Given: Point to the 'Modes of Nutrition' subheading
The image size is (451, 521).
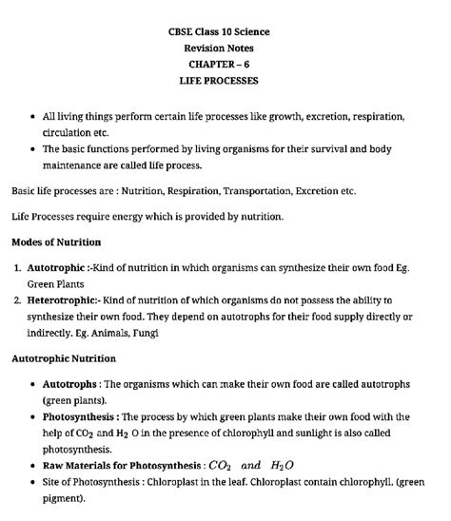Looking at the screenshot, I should pos(56,242).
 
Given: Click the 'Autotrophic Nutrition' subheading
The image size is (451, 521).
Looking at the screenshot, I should pos(64,358).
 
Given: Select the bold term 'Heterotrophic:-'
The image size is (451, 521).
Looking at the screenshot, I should pos(66,300).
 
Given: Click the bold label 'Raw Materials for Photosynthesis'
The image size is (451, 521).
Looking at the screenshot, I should pos(119,466).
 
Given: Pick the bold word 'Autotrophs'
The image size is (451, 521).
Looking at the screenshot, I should pos(69,384).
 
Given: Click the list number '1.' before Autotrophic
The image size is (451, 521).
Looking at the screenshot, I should pos(17,268).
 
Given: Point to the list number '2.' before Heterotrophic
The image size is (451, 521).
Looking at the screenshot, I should pos(17,300).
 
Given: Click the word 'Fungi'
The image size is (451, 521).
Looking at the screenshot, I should pos(146,334).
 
